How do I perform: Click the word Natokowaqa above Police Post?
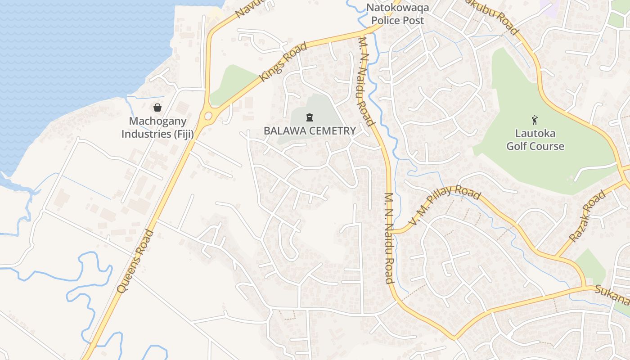click(397, 8)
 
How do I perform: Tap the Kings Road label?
click(283, 62)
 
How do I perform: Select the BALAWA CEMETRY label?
click(310, 131)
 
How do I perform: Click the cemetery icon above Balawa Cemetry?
click(309, 118)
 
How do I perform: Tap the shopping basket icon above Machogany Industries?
click(157, 108)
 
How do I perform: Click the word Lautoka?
click(535, 134)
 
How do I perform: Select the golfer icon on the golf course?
click(535, 120)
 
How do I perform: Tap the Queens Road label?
click(135, 261)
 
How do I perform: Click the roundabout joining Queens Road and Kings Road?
click(208, 116)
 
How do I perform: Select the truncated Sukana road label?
click(612, 295)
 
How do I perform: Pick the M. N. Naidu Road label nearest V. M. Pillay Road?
click(389, 238)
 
